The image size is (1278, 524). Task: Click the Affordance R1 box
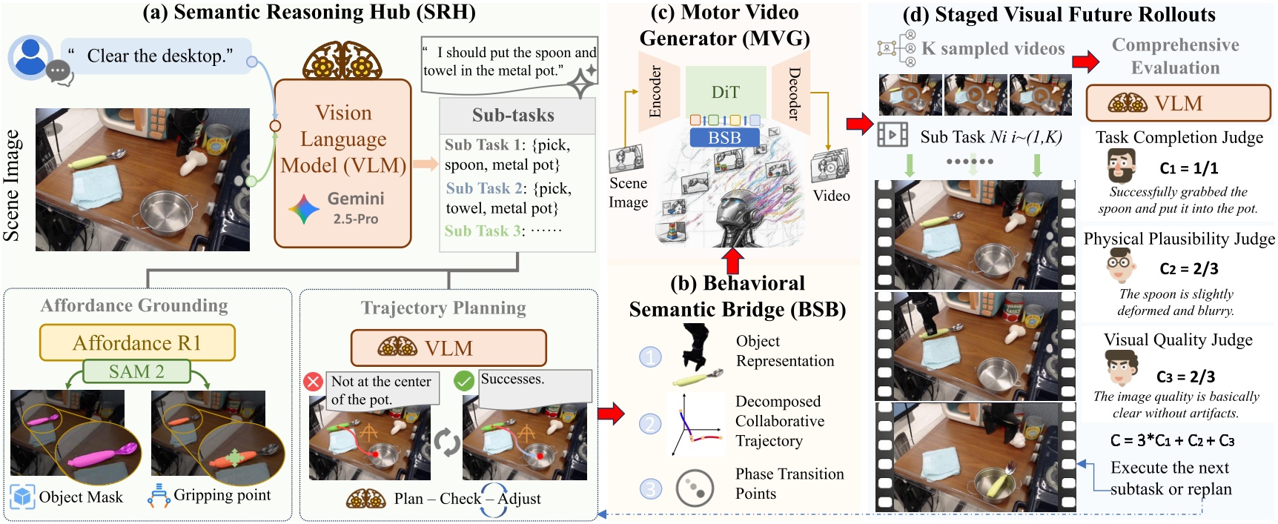click(x=137, y=342)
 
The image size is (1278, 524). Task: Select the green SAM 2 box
click(x=136, y=371)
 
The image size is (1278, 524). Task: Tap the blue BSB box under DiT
click(x=724, y=138)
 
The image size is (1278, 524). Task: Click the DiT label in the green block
click(x=725, y=93)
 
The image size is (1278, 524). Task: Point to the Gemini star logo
click(x=304, y=209)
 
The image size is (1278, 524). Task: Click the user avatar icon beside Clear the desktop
click(x=31, y=57)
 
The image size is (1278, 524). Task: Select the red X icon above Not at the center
click(x=314, y=382)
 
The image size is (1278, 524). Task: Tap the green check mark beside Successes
click(x=464, y=381)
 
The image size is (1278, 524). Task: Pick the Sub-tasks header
click(x=513, y=115)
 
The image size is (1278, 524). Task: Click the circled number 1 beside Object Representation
click(x=650, y=357)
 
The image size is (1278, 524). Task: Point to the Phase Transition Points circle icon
click(x=695, y=487)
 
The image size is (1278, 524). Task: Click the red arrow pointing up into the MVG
click(x=732, y=262)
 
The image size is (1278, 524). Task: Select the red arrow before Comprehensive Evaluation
click(x=1086, y=62)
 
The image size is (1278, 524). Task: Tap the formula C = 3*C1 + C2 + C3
click(x=1172, y=440)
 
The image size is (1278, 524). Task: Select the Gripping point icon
click(x=159, y=496)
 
